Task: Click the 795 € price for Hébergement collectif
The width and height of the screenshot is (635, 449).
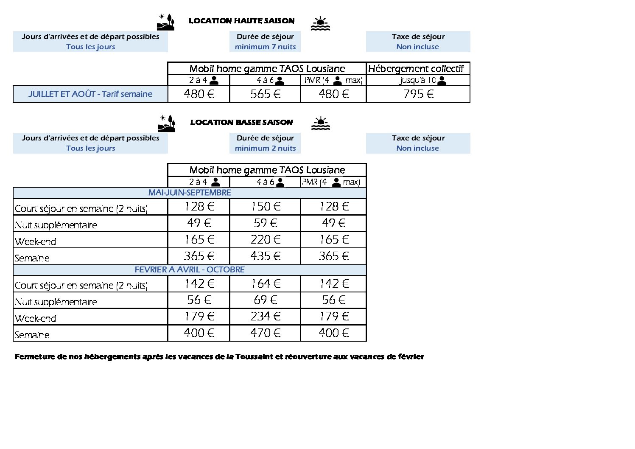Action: coord(418,94)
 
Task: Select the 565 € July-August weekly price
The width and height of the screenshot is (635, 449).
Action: coord(265,94)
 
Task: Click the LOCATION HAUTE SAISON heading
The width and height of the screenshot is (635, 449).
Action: coord(241,21)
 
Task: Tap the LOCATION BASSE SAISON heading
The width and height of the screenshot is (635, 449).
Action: coord(241,122)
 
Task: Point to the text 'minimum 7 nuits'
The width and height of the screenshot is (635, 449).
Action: coord(265,47)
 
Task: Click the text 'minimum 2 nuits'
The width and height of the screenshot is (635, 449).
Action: coord(265,148)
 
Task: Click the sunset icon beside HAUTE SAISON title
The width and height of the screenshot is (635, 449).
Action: coord(320,24)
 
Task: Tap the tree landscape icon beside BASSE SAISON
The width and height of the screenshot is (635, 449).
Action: coord(166,123)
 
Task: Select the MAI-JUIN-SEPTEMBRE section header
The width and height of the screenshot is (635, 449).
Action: coord(190,193)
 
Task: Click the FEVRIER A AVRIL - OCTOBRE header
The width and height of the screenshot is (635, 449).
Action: coord(190,269)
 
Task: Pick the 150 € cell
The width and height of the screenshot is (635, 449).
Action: coord(265,207)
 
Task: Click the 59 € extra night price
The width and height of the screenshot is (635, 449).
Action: coord(265,223)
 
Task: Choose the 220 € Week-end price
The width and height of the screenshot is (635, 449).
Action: coord(265,240)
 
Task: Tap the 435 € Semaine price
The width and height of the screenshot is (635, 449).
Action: coord(265,256)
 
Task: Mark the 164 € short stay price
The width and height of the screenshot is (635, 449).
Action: coord(265,283)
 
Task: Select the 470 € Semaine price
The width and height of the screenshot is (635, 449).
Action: coord(265,333)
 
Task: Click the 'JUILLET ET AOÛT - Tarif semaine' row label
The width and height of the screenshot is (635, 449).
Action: coord(90,94)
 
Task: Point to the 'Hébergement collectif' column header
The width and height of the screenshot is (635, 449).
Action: coord(416,69)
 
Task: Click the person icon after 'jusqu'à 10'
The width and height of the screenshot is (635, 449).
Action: coord(442,81)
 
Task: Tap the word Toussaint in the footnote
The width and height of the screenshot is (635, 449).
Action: coord(254,357)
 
